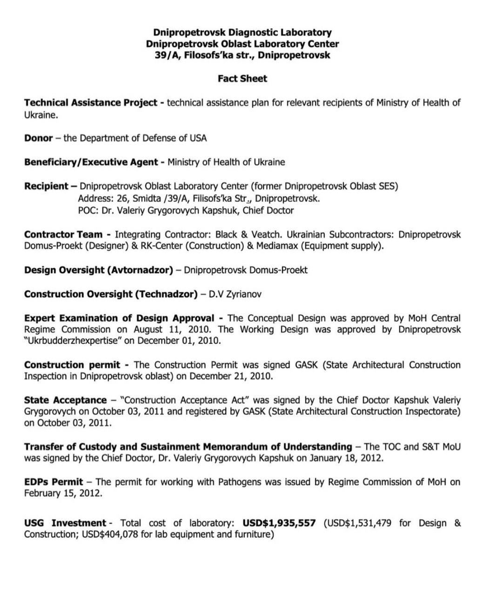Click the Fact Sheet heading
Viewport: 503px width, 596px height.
(x=242, y=79)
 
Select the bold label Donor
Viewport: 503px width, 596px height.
(x=38, y=138)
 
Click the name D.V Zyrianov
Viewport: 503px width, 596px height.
(x=235, y=294)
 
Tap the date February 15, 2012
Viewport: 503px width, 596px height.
(x=63, y=494)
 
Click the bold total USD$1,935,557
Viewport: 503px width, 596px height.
(x=279, y=523)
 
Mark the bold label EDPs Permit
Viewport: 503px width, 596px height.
(x=54, y=482)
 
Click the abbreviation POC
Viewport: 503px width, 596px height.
(x=87, y=210)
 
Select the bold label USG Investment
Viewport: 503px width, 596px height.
(x=65, y=523)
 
